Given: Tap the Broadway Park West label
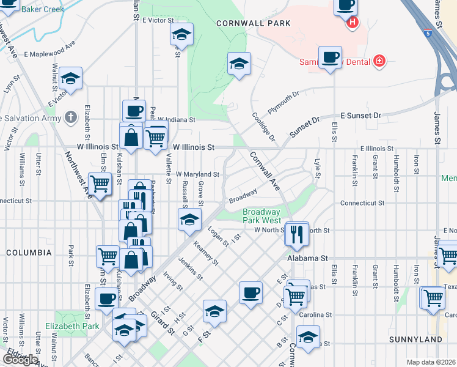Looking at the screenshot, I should (261, 217).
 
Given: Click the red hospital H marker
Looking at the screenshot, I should (352, 23).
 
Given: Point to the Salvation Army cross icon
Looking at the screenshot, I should (71, 117).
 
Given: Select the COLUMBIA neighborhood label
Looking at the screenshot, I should (29, 252).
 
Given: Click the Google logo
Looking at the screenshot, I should (20, 360).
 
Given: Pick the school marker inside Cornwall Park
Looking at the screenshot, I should (239, 63).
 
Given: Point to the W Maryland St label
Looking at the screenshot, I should (197, 174).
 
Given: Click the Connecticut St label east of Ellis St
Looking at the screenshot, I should (362, 202).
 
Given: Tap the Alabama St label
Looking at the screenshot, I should (309, 259).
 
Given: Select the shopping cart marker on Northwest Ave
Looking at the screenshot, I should (99, 183).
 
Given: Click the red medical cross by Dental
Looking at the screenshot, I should (379, 61).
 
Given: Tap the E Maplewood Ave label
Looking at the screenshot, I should (50, 49).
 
